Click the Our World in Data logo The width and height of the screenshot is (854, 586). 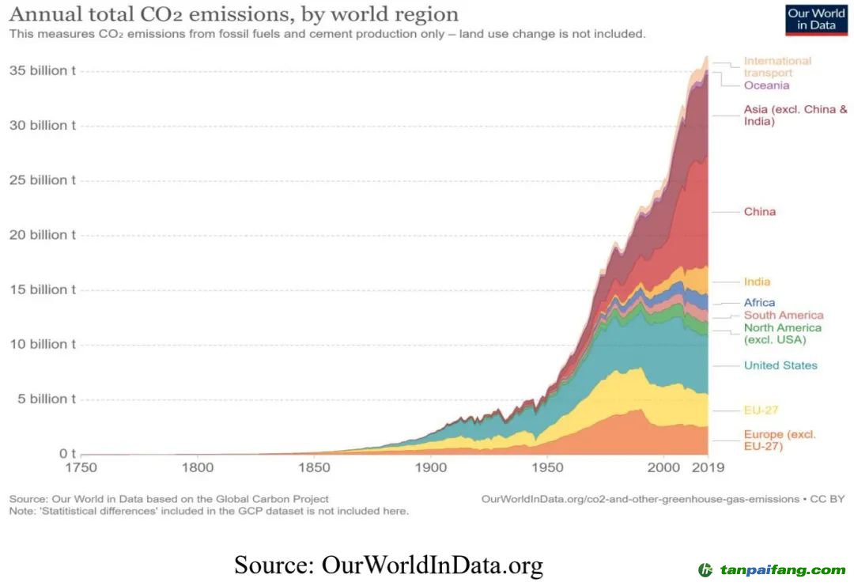point(816,20)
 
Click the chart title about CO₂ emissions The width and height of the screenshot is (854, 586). point(233,14)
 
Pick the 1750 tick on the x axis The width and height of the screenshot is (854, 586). point(81,467)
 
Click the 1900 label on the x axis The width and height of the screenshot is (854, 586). point(431,467)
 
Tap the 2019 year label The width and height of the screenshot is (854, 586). point(708,467)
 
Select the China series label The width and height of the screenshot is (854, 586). point(759,212)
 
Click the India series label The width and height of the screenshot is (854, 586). point(757,282)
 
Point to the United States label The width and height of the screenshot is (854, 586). point(780,365)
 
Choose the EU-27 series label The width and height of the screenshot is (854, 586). point(761,410)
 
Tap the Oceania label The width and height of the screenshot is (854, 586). point(766,85)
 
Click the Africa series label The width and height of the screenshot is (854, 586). point(759,303)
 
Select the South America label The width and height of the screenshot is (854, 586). point(783,315)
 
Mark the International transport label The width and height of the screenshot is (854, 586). point(777,66)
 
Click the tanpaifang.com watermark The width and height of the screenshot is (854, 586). point(772,569)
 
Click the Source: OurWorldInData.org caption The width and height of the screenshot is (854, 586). point(388,565)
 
